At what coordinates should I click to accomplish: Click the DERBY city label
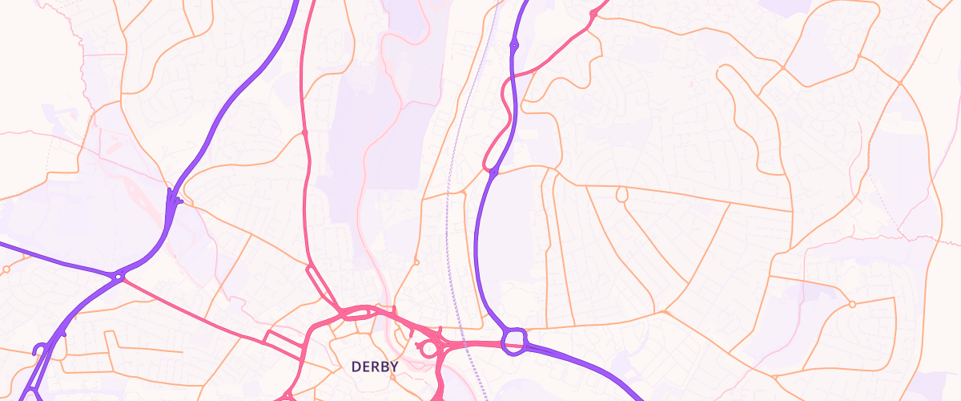click(x=375, y=367)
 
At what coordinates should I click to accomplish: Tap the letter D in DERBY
click(x=356, y=367)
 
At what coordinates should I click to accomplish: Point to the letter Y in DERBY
click(x=394, y=367)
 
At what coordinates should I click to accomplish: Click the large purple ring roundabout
click(x=514, y=341)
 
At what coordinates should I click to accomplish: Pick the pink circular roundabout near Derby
click(x=429, y=349)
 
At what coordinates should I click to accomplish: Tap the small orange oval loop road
click(x=621, y=194)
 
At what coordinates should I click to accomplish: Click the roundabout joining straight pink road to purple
click(x=119, y=277)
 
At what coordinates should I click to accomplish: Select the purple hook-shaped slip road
click(x=38, y=350)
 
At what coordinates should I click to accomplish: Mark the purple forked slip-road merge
click(x=172, y=200)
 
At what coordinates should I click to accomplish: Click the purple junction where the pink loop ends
click(x=493, y=172)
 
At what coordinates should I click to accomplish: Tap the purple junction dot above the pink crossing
click(x=513, y=46)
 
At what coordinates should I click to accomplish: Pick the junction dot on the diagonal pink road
click(x=593, y=14)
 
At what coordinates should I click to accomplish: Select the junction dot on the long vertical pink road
click(x=305, y=132)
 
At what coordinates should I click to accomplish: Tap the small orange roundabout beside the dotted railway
click(x=416, y=261)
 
